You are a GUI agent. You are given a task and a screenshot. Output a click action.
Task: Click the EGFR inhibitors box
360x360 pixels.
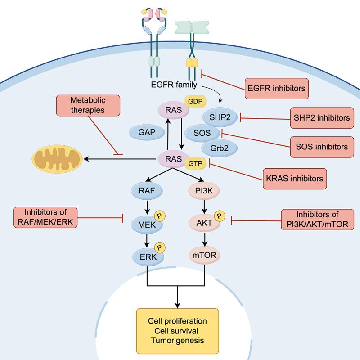(276, 88)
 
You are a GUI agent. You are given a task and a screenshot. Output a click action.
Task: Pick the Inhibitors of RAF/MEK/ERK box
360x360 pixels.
(45, 219)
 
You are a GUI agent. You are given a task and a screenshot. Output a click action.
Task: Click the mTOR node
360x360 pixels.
(203, 256)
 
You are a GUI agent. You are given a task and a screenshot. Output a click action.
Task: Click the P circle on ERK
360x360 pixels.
(159, 247)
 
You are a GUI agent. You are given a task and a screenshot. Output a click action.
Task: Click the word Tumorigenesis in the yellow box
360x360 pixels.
(177, 340)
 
